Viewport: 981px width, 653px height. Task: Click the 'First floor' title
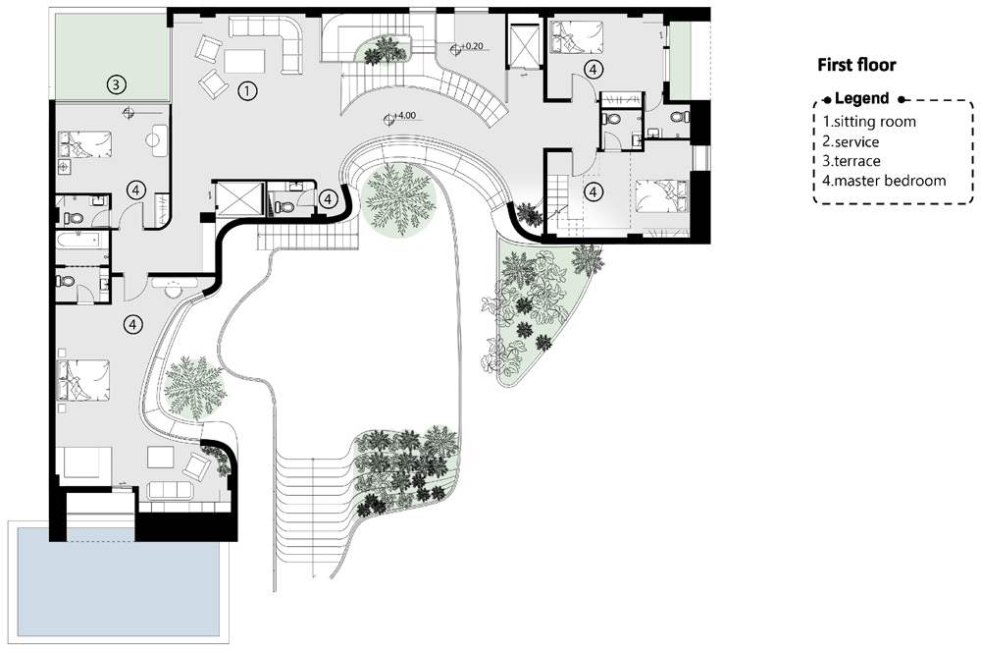coord(856,65)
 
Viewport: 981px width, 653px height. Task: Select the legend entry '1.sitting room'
coord(869,122)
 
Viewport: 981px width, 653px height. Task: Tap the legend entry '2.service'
coord(851,141)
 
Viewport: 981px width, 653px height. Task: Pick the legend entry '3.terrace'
coord(852,161)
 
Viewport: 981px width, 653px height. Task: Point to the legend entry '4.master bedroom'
coord(884,181)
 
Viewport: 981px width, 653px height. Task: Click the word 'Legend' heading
coord(861,98)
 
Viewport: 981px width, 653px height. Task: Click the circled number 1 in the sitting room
coord(248,91)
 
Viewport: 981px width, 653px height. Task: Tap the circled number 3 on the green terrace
coord(116,83)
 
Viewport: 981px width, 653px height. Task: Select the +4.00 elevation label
coord(405,115)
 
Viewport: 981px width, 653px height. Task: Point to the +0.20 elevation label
coord(472,46)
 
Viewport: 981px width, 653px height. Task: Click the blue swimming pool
coord(119,582)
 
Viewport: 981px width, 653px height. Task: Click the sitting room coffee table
coord(244,61)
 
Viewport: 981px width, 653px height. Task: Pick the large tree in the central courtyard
coord(398,198)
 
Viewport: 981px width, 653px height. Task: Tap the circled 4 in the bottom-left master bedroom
coord(132,324)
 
